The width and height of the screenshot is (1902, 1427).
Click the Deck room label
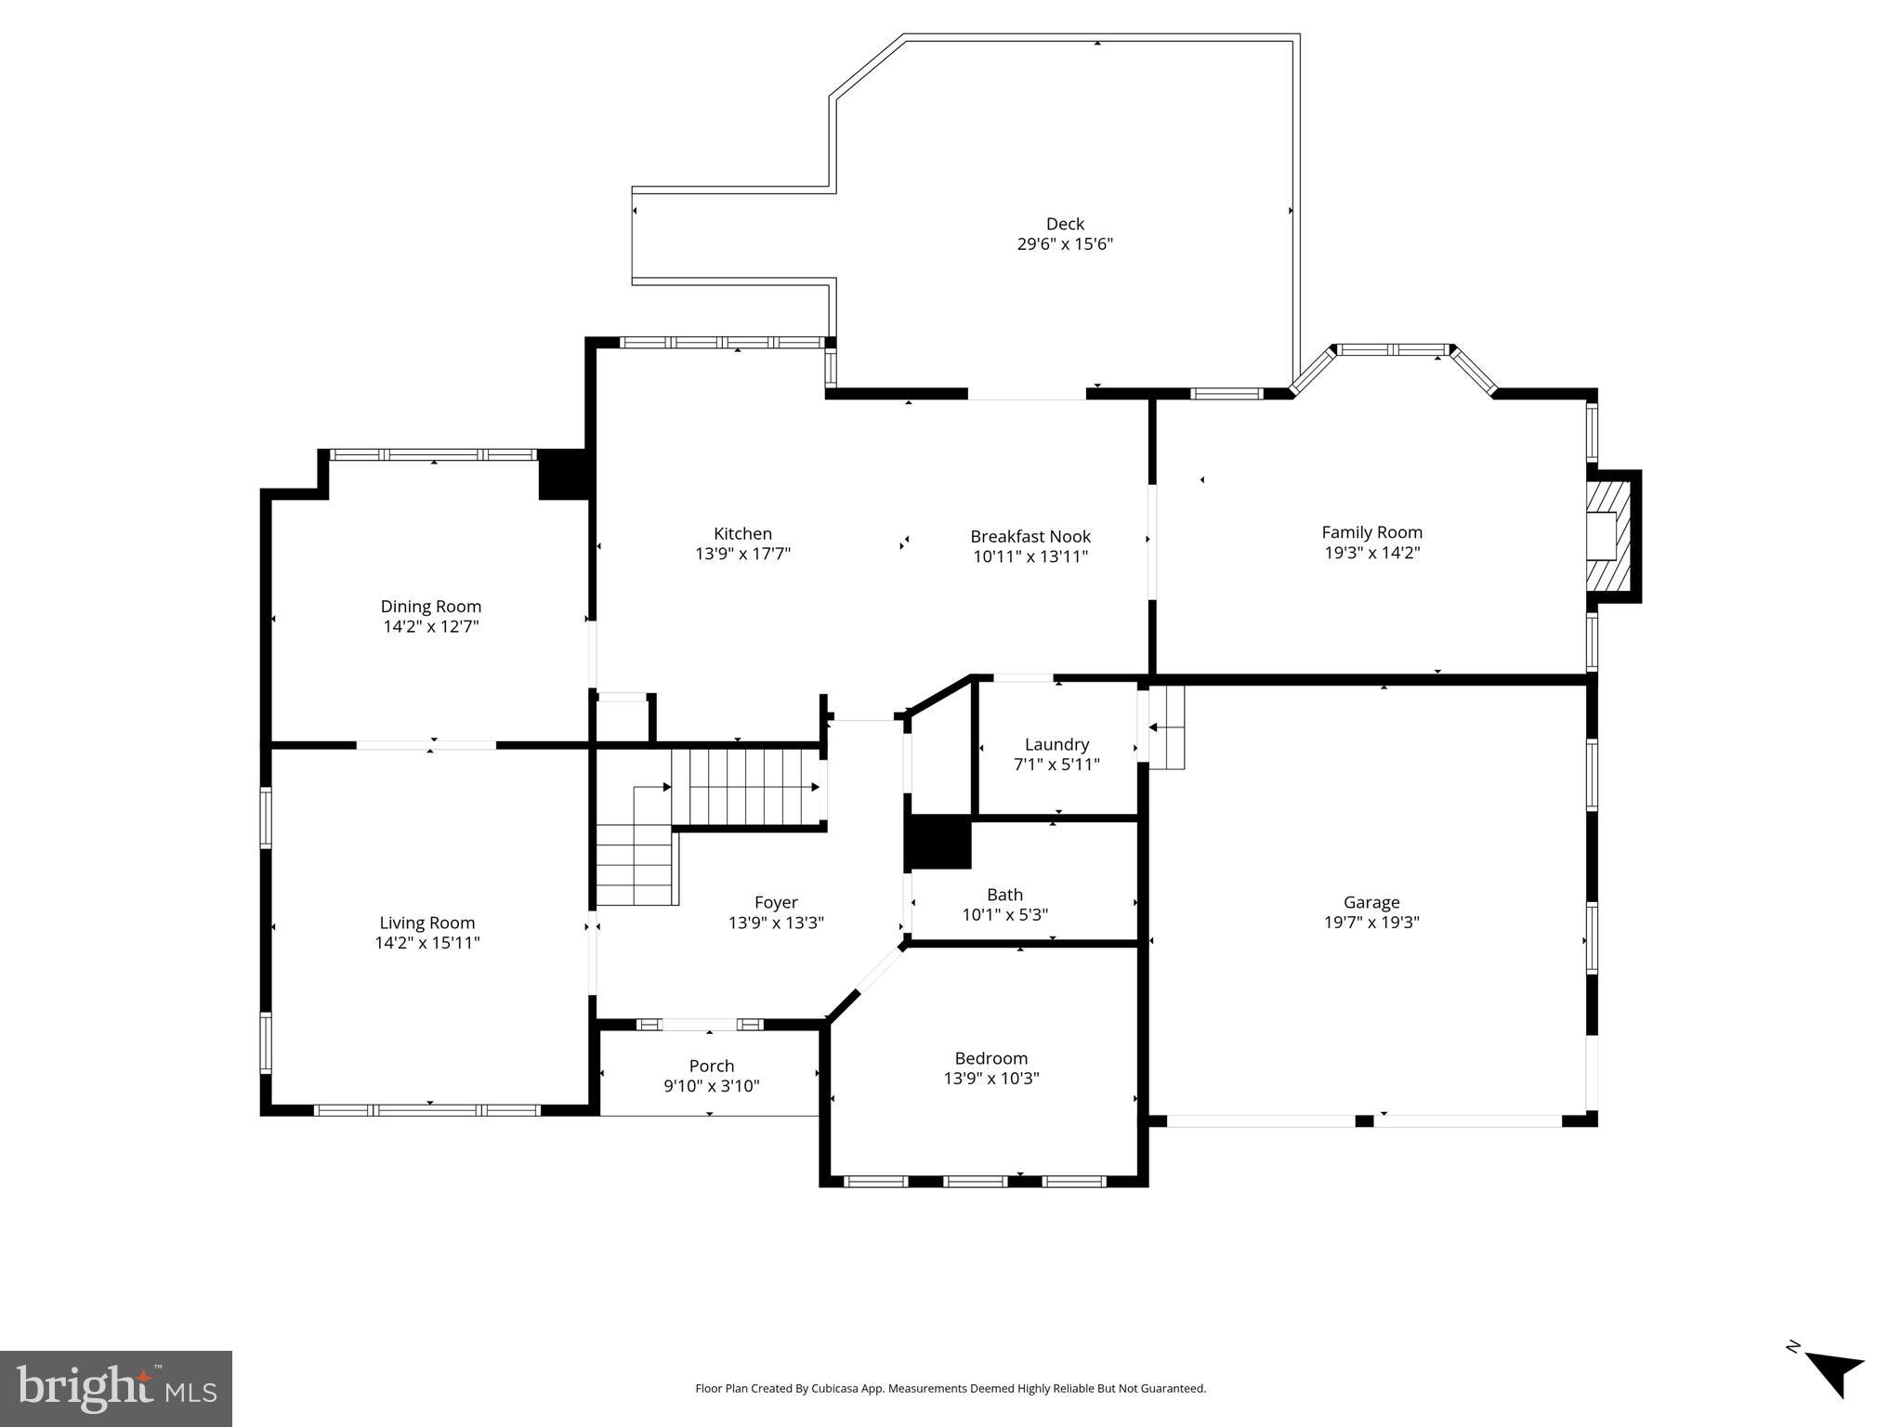[x=1065, y=224]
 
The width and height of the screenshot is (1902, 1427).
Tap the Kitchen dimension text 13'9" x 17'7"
[x=742, y=555]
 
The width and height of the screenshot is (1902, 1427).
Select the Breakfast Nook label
[x=1030, y=536]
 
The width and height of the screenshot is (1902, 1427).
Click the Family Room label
[x=1371, y=532]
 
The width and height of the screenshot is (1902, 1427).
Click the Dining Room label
[x=430, y=607]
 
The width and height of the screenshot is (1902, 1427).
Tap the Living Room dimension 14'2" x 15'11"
[x=426, y=943]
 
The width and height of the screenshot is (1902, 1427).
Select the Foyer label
[x=776, y=902]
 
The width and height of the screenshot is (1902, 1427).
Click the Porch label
[x=711, y=1066]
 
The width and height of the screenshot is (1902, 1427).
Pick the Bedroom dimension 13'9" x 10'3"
[x=990, y=1079]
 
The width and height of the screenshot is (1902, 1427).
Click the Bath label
[x=1004, y=895]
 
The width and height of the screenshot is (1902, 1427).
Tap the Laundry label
[x=1056, y=744]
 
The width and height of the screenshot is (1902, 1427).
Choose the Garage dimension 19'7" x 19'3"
[x=1371, y=923]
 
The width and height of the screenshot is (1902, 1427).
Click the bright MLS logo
[x=115, y=1389]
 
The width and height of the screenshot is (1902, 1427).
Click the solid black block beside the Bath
[x=938, y=843]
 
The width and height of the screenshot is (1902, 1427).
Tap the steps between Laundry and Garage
[x=1167, y=727]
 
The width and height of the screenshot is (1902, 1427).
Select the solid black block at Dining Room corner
[x=563, y=474]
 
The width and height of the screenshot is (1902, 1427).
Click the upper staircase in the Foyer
[x=746, y=787]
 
